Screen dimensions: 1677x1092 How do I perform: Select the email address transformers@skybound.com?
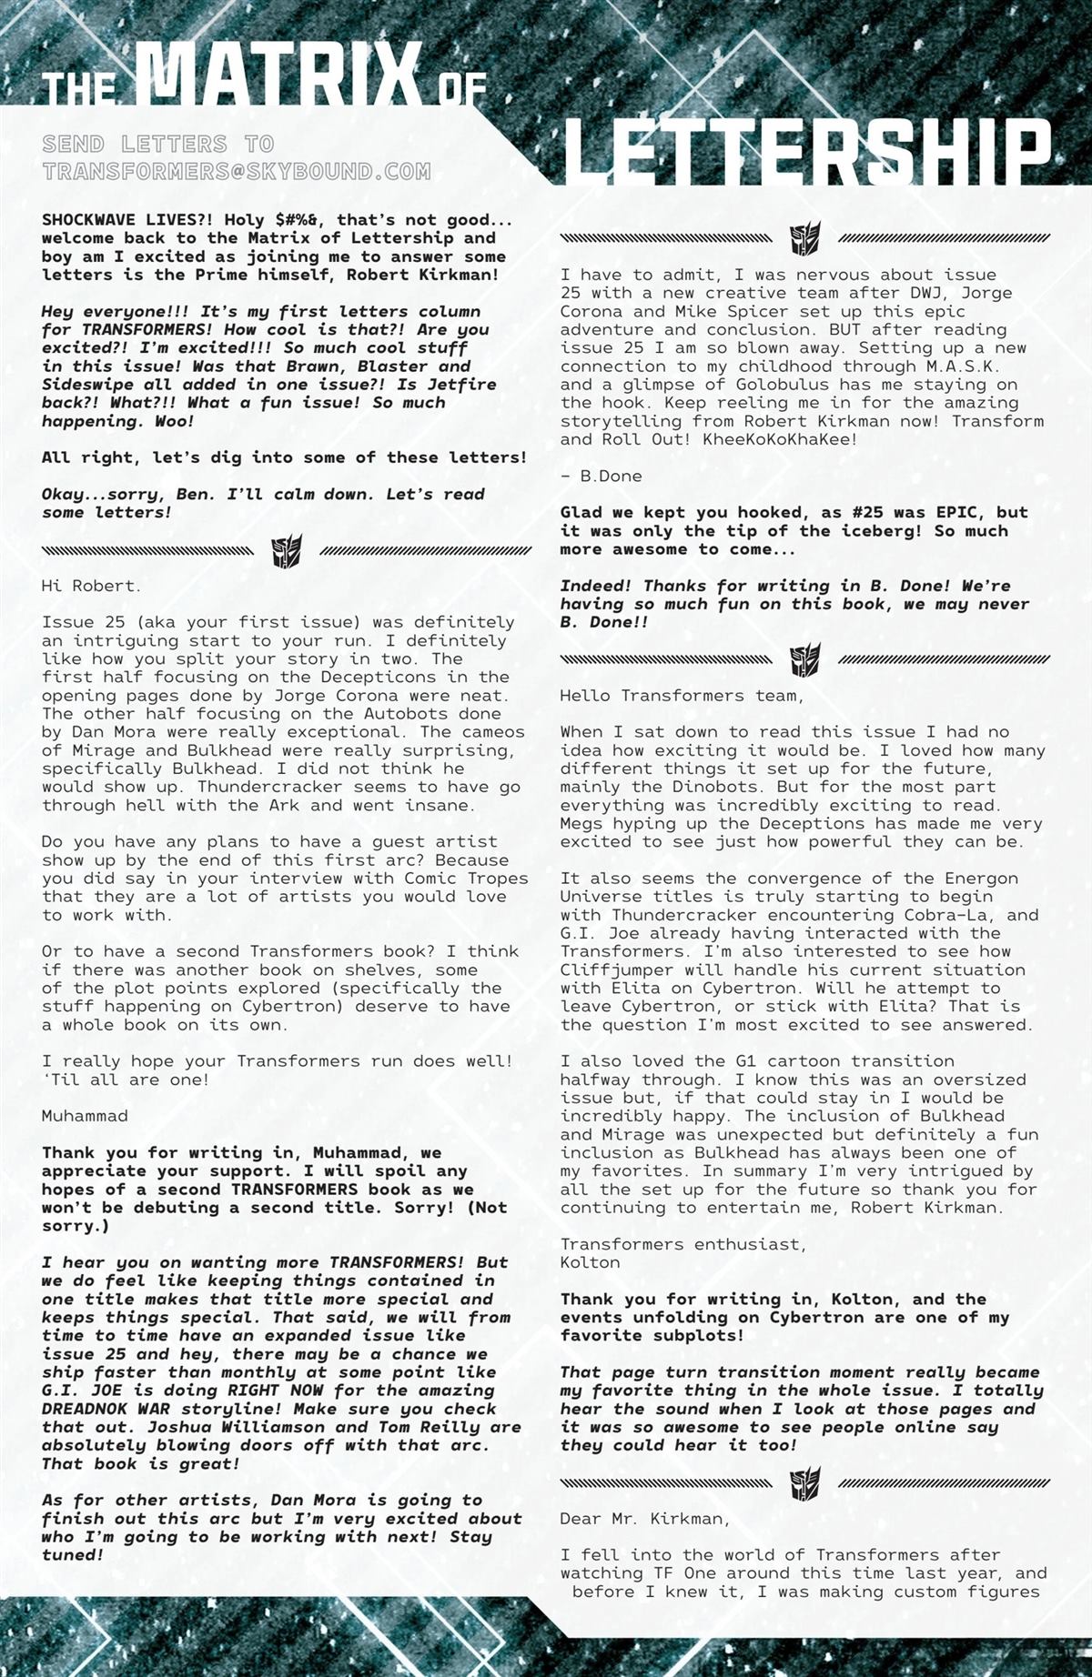pos(236,171)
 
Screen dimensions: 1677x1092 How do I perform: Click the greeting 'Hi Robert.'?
pos(91,586)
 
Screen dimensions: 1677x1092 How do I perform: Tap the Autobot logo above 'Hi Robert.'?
pos(287,551)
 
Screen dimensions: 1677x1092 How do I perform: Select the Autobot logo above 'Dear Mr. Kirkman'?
pos(805,1483)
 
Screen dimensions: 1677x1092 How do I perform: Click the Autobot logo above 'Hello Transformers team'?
pos(805,659)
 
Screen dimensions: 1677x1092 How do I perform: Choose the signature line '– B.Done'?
pos(601,476)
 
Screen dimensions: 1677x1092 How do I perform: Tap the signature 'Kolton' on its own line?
pos(590,1262)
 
